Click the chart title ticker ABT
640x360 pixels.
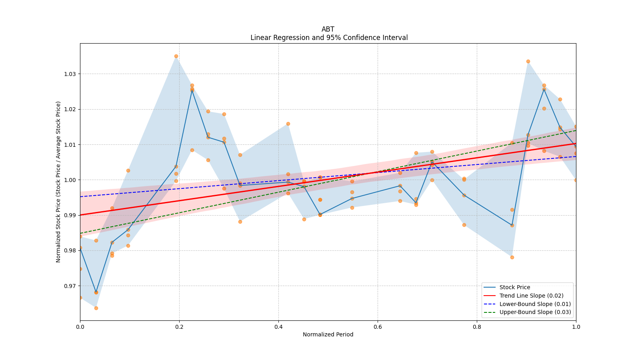point(328,29)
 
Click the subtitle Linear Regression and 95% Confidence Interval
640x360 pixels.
point(329,38)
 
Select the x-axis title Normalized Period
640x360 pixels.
point(328,334)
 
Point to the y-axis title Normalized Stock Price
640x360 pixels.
point(58,182)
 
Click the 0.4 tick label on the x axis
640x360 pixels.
point(278,327)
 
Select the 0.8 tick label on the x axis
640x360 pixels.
point(477,327)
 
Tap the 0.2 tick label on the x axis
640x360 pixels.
point(179,327)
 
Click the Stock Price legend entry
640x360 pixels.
point(514,287)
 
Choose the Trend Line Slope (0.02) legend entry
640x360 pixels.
point(531,296)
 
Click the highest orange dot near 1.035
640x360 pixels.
point(176,56)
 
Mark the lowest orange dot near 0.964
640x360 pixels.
point(96,308)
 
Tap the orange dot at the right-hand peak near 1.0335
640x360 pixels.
point(528,61)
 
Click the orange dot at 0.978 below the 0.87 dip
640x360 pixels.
point(512,257)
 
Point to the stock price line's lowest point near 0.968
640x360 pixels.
point(96,292)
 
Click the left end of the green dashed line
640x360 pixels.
point(80,233)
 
